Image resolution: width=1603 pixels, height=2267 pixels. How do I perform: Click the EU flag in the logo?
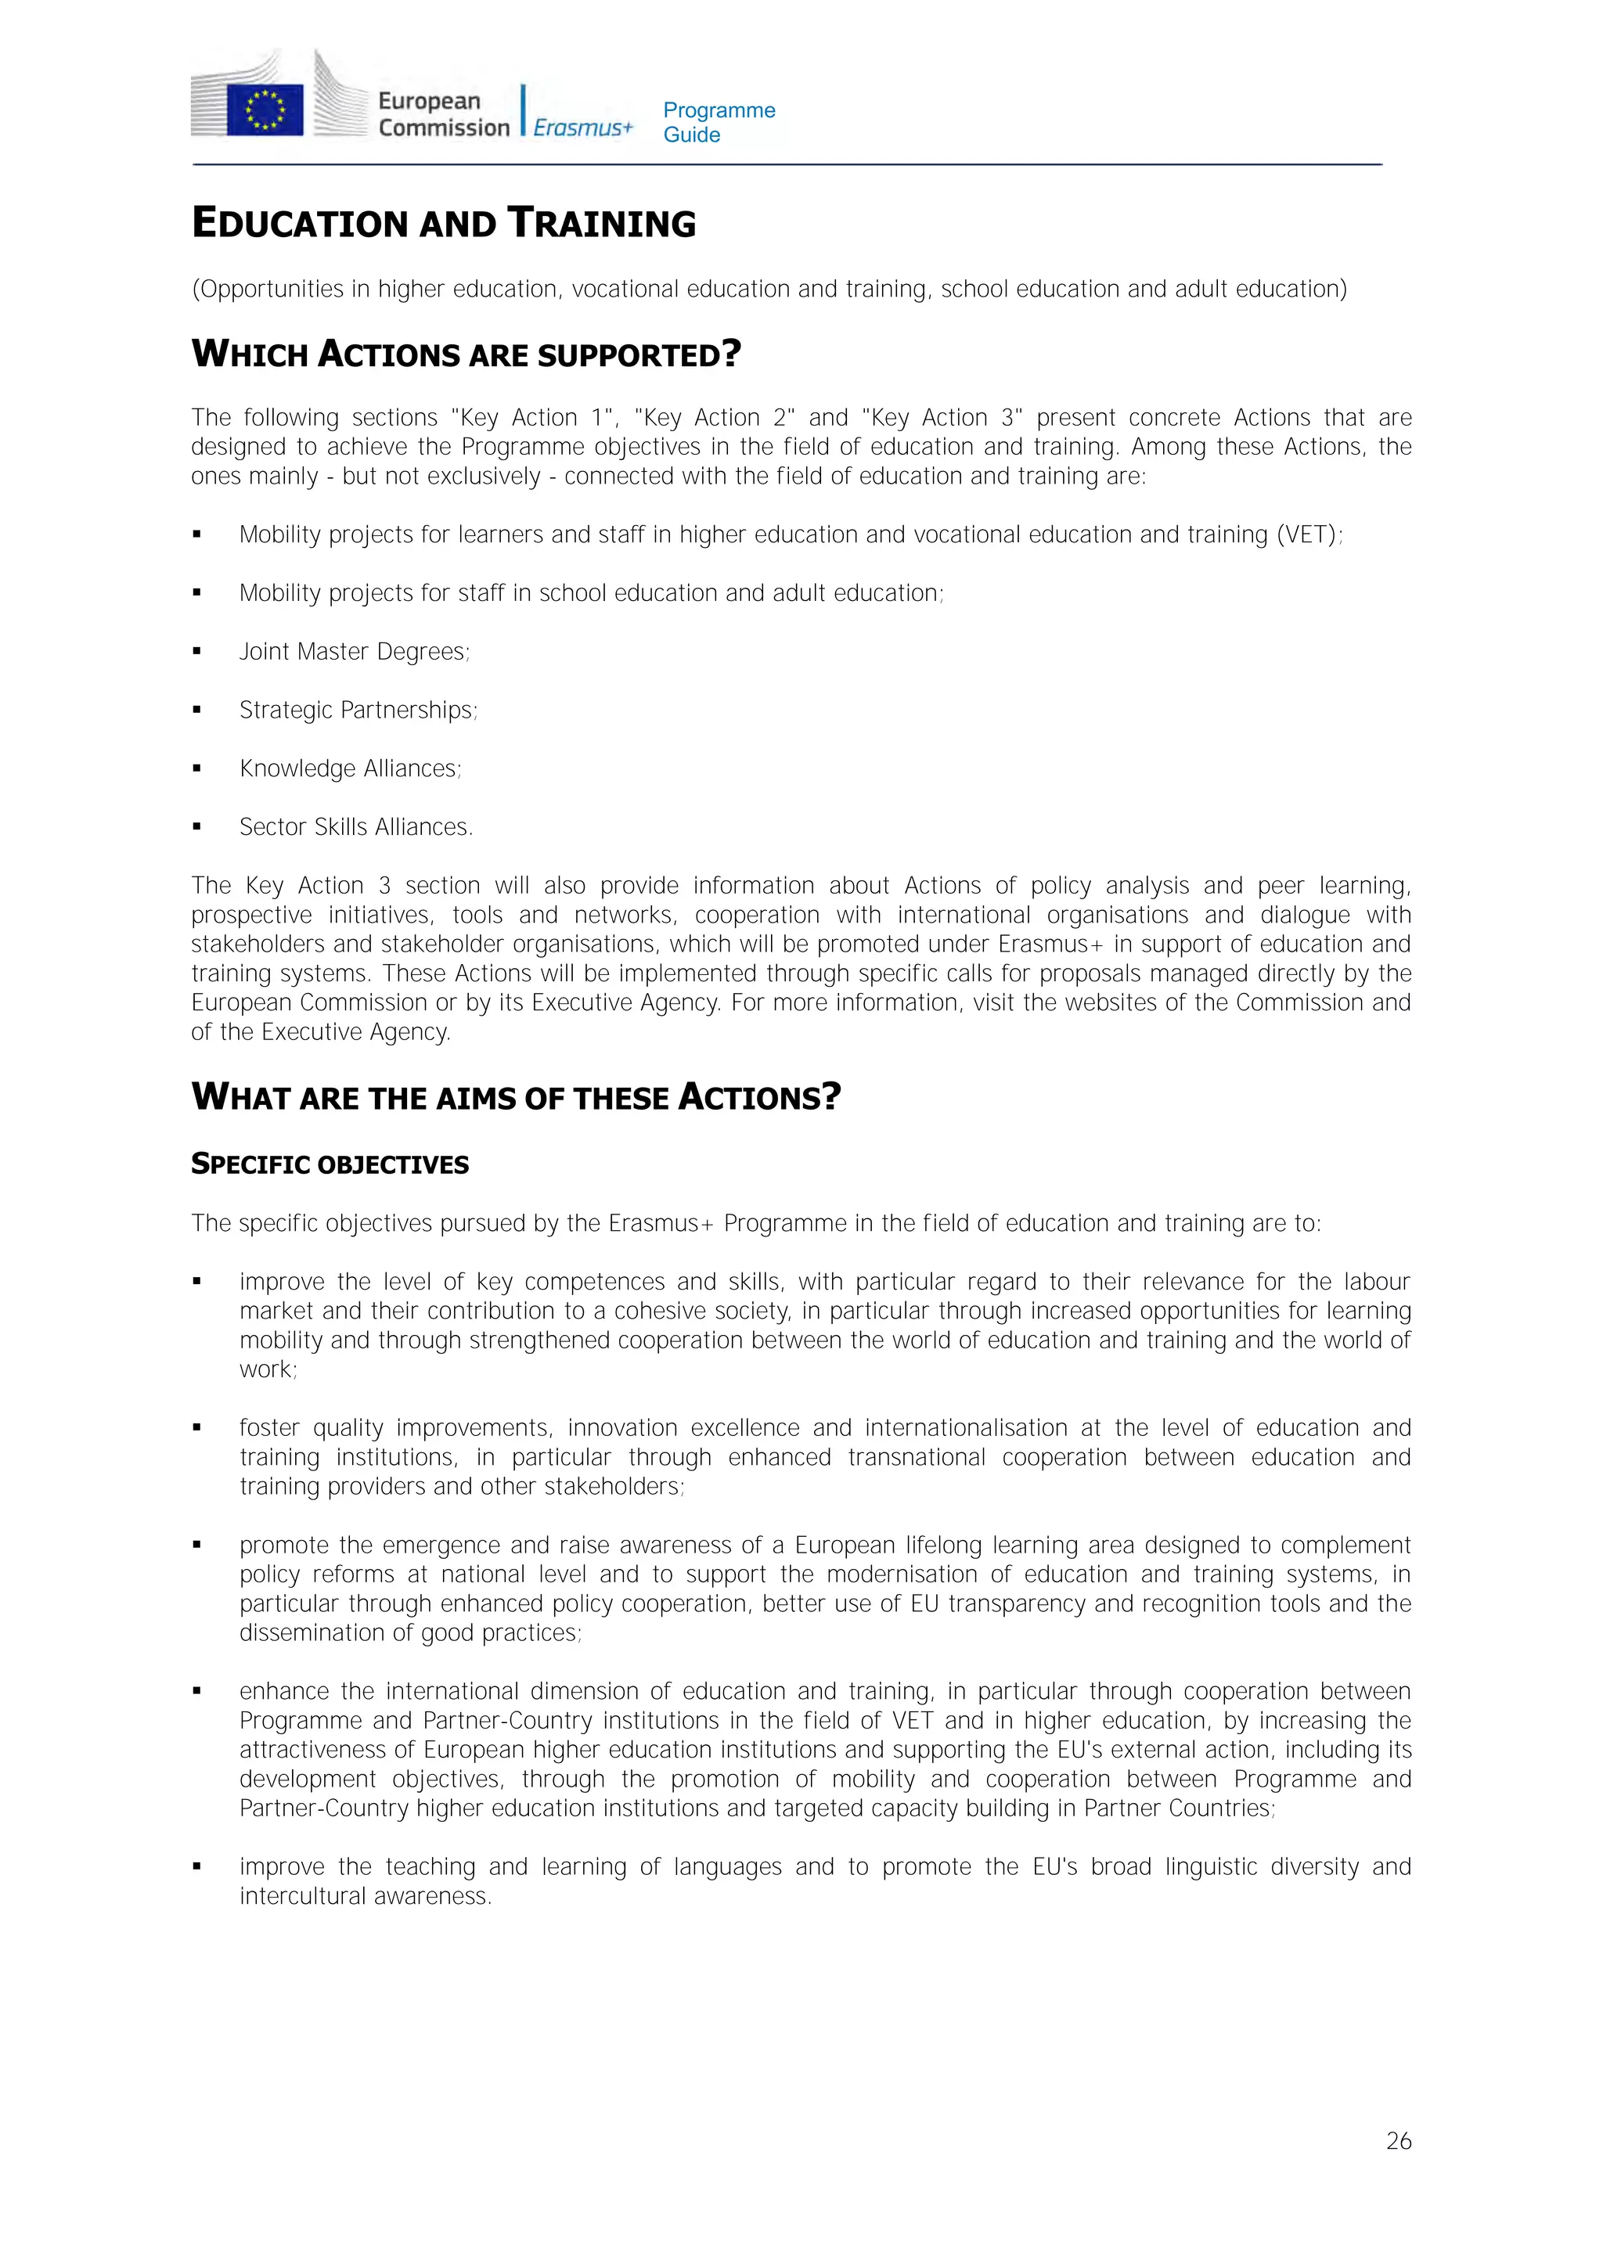click(265, 109)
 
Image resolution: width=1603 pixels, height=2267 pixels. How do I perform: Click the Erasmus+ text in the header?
click(582, 128)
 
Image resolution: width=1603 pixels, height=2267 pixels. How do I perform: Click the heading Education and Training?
click(444, 223)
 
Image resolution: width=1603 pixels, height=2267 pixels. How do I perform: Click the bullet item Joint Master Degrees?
click(354, 652)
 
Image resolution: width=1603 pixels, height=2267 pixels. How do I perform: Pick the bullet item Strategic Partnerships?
click(358, 710)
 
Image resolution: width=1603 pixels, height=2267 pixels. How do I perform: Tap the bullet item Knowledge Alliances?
click(350, 768)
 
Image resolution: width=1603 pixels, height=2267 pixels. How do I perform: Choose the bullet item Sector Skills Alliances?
click(355, 826)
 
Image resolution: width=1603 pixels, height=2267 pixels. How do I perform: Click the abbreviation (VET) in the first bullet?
click(1306, 534)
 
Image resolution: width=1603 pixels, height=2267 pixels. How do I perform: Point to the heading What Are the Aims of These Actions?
click(516, 1097)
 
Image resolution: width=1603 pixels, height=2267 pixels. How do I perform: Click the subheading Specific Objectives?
click(330, 1164)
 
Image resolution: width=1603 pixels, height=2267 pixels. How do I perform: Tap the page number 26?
click(1398, 2140)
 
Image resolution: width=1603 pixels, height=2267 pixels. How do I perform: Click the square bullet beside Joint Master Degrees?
click(197, 652)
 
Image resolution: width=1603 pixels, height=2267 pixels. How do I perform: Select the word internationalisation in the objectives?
click(965, 1428)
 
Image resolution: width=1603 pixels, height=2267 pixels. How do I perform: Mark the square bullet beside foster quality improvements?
click(197, 1428)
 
